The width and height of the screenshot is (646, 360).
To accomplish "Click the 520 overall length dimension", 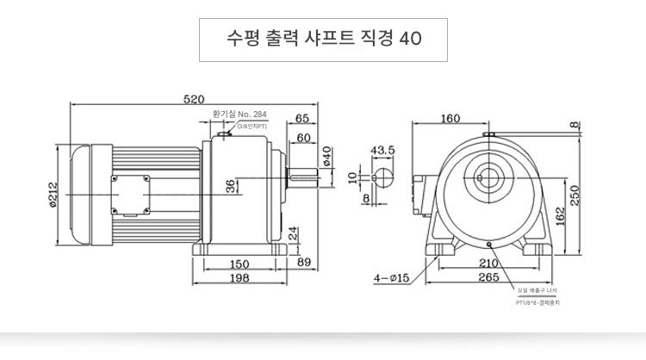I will click(194, 99).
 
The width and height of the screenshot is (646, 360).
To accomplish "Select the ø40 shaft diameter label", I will click(327, 157).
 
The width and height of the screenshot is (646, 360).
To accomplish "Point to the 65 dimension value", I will click(302, 119).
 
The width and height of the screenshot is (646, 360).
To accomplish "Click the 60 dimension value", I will click(304, 138).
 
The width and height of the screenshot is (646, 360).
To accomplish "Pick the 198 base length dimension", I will click(240, 278).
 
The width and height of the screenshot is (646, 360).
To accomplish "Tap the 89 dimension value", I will click(303, 263).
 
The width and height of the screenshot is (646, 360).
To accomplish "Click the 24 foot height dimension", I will click(293, 233).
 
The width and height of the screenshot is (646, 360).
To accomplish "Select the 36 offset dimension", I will click(230, 186).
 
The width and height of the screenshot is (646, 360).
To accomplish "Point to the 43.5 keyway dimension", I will click(382, 150).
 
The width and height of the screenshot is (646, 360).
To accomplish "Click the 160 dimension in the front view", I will click(450, 119).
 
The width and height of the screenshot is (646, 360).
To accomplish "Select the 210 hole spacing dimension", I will click(489, 263).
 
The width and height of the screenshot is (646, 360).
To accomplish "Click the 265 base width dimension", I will click(488, 277).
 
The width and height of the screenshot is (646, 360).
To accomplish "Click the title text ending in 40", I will click(323, 40).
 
